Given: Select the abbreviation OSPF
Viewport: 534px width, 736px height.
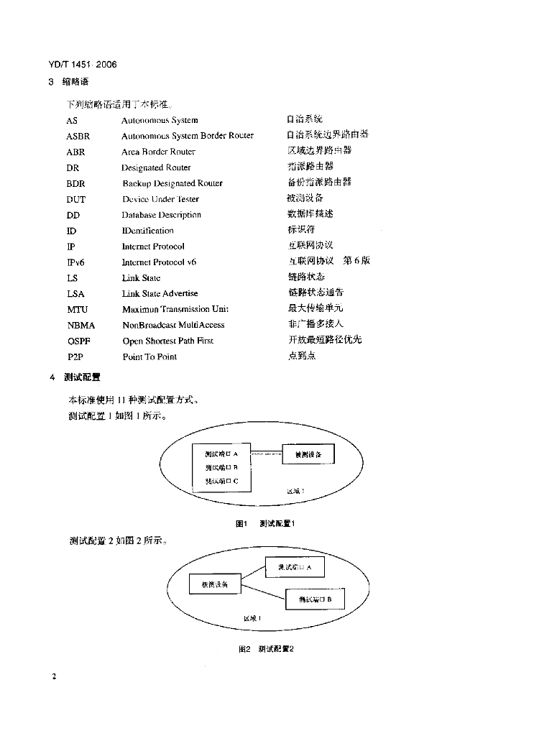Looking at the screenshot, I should pos(78,341).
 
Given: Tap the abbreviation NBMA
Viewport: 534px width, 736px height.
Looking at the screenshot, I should pos(80,326).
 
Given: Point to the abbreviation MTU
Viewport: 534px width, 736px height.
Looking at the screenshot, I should pos(77,310).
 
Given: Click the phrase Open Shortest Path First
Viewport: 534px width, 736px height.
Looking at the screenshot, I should pos(167,341).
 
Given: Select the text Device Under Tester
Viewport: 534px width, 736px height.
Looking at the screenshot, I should pos(160,199).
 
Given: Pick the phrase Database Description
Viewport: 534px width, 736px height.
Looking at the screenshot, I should pos(161,215).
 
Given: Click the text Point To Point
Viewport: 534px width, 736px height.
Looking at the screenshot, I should pos(149,357).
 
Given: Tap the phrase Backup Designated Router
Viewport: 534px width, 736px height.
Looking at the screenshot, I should pos(172,183).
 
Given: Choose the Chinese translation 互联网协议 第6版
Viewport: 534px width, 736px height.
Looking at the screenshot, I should pos(329,261).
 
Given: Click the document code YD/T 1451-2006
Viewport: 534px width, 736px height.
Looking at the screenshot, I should pos(83,65).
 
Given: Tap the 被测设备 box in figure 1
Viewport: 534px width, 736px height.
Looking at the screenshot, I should pos(309,455).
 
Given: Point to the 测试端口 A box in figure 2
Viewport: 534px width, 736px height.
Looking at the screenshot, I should pos(295,567).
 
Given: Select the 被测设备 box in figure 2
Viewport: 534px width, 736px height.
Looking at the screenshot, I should pos(214,585).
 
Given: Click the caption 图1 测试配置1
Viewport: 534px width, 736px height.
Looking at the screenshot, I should pos(266,523).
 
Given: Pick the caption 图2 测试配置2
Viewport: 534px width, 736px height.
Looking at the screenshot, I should pos(266,649).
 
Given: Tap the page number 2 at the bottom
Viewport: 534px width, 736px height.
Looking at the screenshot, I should pos(54,676).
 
